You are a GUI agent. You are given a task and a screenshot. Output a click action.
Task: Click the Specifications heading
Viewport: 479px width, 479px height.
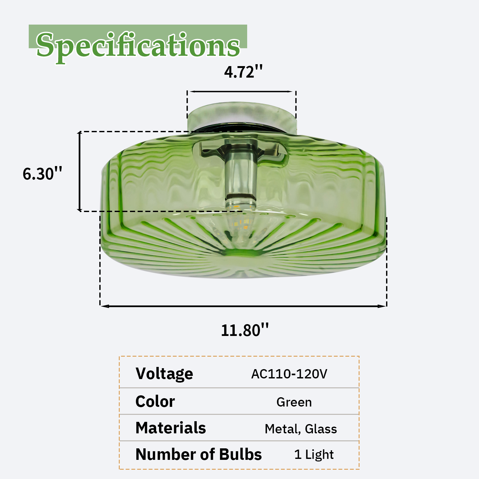(x=138, y=46)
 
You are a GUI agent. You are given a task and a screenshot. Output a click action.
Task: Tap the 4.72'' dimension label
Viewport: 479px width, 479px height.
(x=243, y=72)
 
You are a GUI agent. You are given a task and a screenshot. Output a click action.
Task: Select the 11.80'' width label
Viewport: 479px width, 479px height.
(x=245, y=330)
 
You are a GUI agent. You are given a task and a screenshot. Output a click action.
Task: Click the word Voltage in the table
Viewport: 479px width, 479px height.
(x=164, y=374)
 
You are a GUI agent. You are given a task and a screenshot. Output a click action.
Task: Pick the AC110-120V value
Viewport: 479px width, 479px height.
(x=289, y=374)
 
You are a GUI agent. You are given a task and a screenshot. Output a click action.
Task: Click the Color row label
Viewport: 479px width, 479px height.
(x=155, y=401)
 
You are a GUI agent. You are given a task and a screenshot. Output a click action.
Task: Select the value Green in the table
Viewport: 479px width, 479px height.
(x=294, y=402)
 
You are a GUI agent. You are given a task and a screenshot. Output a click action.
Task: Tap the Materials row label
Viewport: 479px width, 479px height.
(x=171, y=428)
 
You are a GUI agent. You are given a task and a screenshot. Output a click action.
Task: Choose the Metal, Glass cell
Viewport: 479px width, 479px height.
(x=301, y=429)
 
